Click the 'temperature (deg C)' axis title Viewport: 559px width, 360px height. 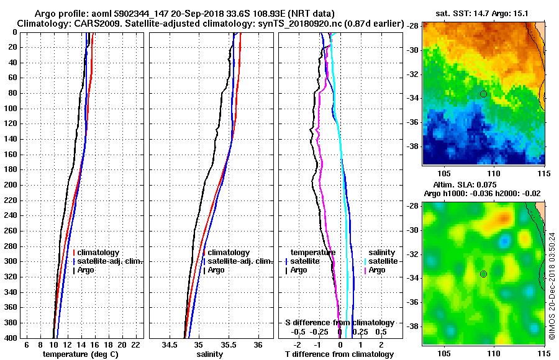pyautogui.click(x=80, y=354)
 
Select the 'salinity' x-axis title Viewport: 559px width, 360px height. pyautogui.click(x=211, y=354)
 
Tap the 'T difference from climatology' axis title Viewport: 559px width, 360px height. pyautogui.click(x=340, y=354)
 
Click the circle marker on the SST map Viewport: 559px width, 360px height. pyautogui.click(x=483, y=94)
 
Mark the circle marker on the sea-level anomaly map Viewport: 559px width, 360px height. pyautogui.click(x=483, y=274)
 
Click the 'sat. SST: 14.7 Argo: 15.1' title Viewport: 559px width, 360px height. pyautogui.click(x=484, y=12)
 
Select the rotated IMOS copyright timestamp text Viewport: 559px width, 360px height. pyautogui.click(x=552, y=286)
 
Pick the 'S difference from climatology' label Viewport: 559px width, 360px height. pyautogui.click(x=339, y=323)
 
